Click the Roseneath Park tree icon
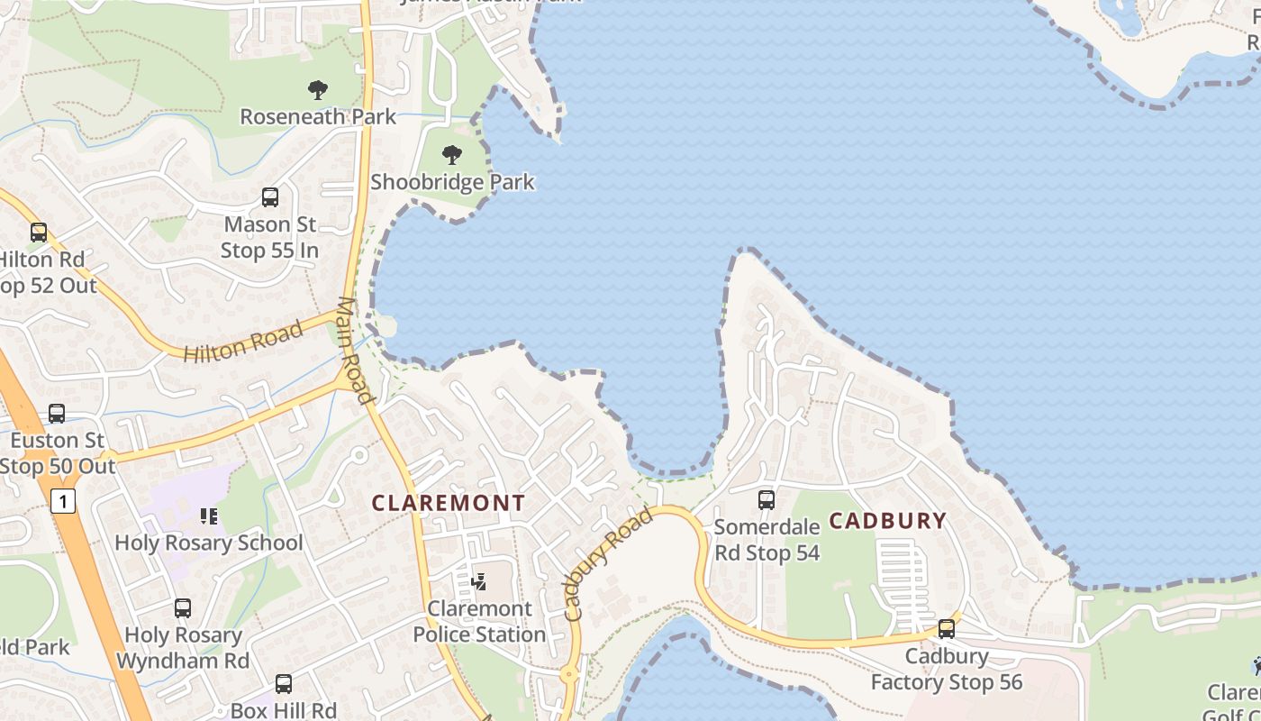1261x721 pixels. pos(317,90)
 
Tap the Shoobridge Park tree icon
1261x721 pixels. pos(452,155)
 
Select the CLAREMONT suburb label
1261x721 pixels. pos(449,503)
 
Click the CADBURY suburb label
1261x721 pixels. pos(887,520)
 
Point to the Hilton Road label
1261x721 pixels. pos(243,342)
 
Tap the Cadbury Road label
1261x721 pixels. pos(608,564)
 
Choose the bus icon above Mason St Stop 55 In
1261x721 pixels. pos(269,197)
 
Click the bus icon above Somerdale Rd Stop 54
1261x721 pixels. pos(766,499)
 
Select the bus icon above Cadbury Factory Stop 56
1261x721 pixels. pos(946,629)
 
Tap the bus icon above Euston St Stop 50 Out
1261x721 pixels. pos(57,414)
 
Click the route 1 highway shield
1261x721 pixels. pos(62,501)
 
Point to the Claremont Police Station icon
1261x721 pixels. pos(479,581)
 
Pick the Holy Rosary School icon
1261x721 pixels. pos(209,516)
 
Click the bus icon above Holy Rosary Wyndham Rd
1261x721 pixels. pos(183,608)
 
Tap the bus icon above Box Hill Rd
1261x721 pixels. pos(284,684)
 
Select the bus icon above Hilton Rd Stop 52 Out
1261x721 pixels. pos(38,233)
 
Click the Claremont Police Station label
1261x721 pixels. pos(479,621)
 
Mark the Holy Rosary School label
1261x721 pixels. pos(209,543)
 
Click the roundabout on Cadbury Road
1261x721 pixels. pos(569,674)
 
